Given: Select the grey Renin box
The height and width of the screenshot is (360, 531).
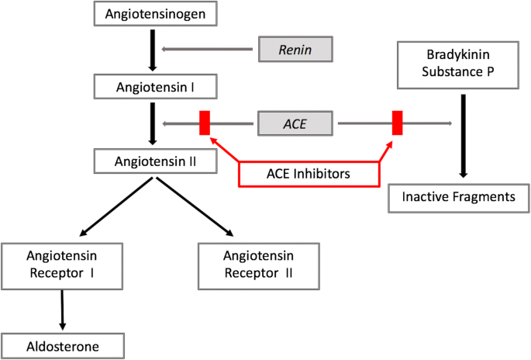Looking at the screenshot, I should click(295, 50).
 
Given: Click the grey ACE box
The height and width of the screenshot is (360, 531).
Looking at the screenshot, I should click(295, 123).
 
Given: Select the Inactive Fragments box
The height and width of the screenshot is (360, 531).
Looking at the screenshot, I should click(458, 197).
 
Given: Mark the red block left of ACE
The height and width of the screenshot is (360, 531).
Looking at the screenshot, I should click(205, 123).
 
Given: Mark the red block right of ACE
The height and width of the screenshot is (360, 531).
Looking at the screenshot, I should click(397, 123).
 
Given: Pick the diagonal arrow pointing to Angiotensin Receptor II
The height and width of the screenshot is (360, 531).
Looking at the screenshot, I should click(195, 206).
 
